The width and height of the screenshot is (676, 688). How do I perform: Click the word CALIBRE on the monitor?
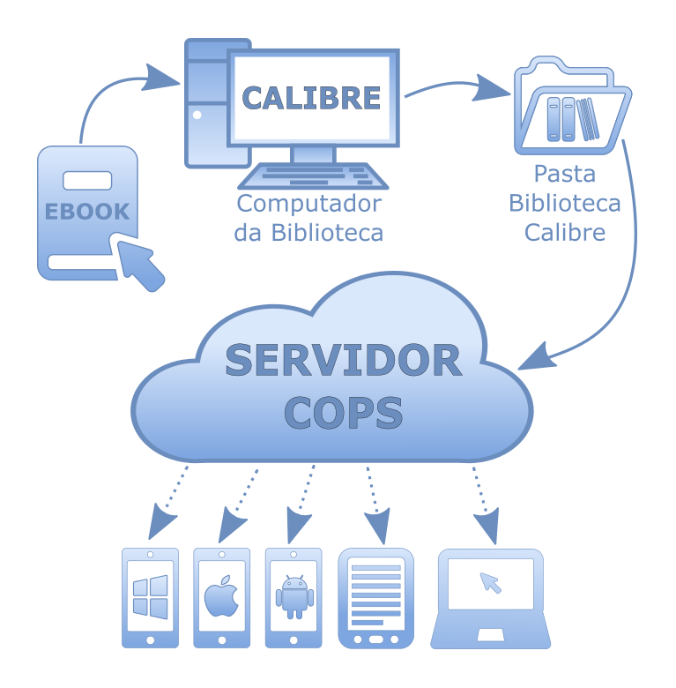[x=311, y=98]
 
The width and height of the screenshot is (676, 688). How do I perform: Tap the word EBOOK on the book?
[x=87, y=212]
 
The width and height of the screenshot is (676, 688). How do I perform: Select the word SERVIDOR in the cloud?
[x=344, y=360]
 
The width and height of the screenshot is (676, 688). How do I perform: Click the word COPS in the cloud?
[x=344, y=413]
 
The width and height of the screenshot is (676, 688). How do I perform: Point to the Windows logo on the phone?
[x=150, y=597]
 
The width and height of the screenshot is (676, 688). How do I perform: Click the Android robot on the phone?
[x=293, y=597]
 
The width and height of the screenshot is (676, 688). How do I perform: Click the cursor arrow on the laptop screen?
[x=490, y=582]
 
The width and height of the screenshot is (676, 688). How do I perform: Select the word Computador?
[x=308, y=204]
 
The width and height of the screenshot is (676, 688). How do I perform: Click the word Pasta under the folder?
[x=565, y=174]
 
